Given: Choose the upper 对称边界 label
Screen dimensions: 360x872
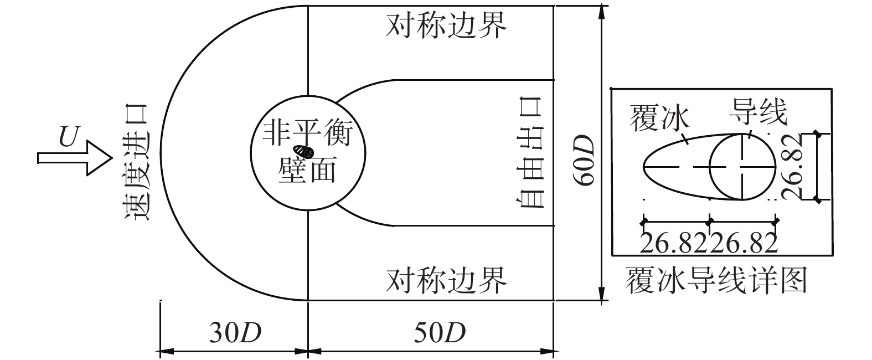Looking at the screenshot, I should (446, 26).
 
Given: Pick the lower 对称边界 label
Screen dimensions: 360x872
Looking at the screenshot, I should (446, 281).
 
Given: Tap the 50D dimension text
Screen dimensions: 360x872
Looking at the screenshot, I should (439, 333).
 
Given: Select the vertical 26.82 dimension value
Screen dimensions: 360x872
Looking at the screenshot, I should (798, 166).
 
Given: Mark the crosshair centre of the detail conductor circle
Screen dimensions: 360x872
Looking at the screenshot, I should (743, 166).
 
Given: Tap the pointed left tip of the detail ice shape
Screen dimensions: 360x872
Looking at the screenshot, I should (644, 166).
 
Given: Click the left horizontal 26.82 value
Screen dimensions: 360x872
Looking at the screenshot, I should (674, 243).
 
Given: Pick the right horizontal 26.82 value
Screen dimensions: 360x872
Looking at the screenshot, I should (744, 243).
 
